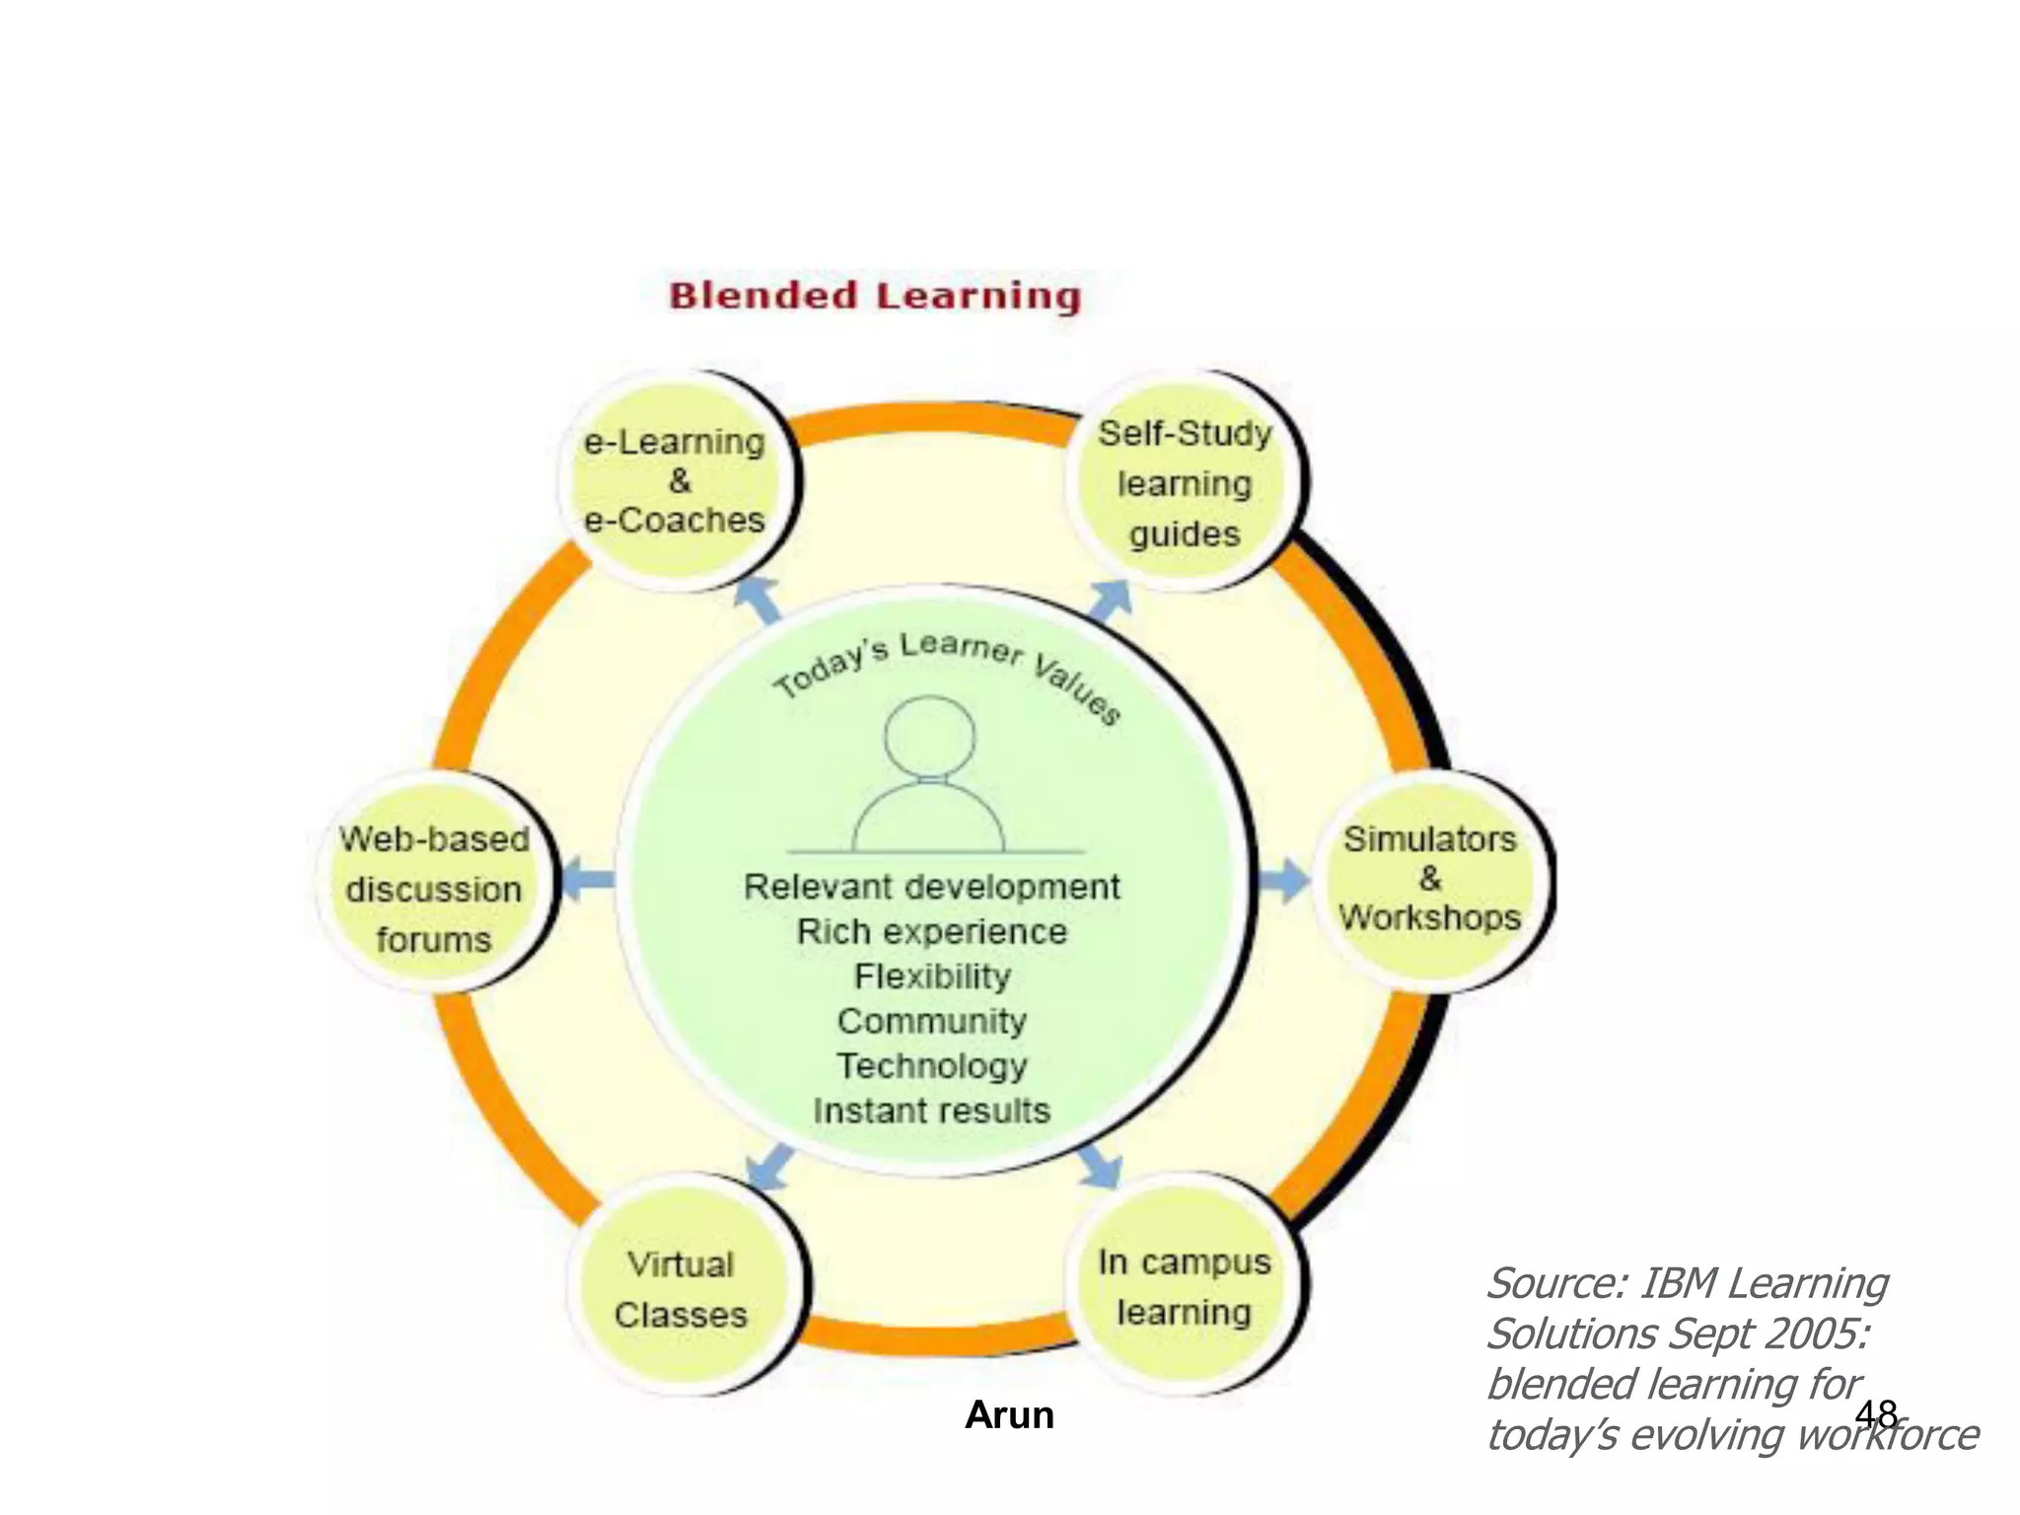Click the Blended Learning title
click(875, 296)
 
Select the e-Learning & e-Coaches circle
click(677, 481)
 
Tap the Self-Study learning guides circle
click(1185, 483)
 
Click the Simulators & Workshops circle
click(1430, 879)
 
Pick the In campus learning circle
click(1184, 1285)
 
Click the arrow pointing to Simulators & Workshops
click(1283, 880)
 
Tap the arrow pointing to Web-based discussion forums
click(587, 879)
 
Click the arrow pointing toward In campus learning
click(1101, 1166)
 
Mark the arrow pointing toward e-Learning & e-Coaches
click(759, 600)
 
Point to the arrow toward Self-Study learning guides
click(1110, 600)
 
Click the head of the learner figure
click(929, 737)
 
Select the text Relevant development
click(932, 887)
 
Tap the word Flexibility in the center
click(932, 976)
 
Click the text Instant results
click(932, 1111)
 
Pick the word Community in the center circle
click(932, 1021)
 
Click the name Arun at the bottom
click(1009, 1415)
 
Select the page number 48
click(1875, 1414)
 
